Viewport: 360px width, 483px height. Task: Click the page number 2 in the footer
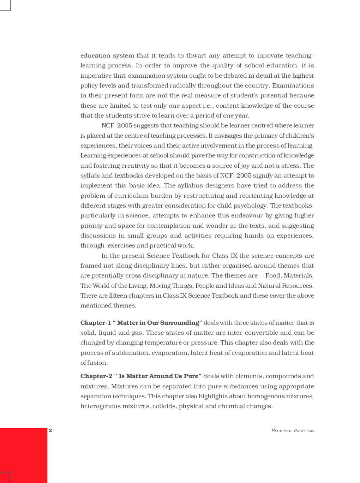[x=50, y=430]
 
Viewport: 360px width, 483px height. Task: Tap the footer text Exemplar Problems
[x=293, y=430]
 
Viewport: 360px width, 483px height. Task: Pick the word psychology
[x=251, y=205]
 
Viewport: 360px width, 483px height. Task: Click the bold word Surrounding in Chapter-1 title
[x=180, y=323]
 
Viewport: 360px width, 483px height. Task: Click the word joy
[x=244, y=166]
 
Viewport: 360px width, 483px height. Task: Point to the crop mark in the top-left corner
[x=5, y=5]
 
